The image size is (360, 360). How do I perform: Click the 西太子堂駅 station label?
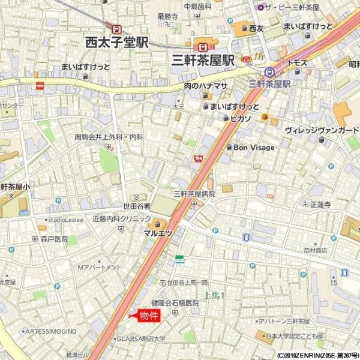point(117,42)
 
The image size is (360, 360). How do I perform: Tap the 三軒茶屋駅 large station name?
point(203,60)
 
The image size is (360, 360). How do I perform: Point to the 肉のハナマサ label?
point(206,86)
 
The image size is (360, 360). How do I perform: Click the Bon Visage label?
point(254,148)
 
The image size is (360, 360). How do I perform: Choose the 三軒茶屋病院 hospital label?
point(194,194)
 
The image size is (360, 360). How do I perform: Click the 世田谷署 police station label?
point(137,206)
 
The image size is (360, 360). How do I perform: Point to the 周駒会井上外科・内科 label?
point(109,137)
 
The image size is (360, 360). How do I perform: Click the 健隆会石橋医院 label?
point(175,303)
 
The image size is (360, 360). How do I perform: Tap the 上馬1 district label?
point(214,295)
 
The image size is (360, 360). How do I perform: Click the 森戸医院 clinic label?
point(55,239)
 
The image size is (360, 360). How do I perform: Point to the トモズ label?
point(296,63)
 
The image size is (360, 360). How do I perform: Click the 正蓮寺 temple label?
point(320,205)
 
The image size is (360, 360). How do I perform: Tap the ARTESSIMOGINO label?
point(50,331)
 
